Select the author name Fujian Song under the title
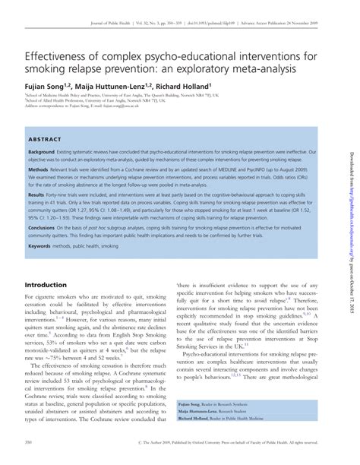pyautogui.click(x=42, y=87)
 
